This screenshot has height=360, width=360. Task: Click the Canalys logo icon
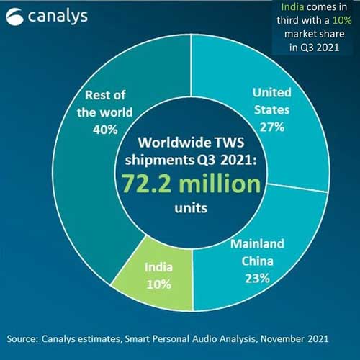15,17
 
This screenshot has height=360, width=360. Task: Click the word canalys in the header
58,16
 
